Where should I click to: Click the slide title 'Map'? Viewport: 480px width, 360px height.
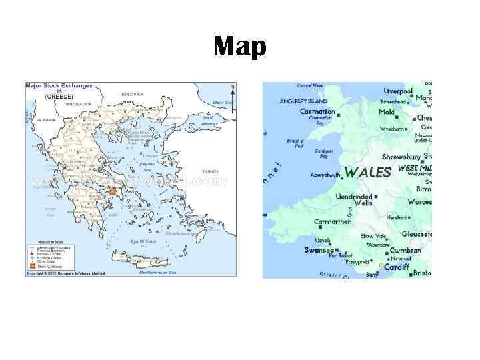240,47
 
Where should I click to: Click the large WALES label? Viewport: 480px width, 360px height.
367,173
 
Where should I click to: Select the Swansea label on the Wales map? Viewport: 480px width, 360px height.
318,251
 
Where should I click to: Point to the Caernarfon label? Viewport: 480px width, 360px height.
317,112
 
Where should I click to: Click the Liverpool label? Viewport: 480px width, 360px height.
398,91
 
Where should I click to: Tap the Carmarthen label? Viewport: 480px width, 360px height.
333,221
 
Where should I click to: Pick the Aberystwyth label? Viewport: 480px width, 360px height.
325,175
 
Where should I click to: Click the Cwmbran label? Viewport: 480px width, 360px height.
405,251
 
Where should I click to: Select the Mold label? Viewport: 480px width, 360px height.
387,112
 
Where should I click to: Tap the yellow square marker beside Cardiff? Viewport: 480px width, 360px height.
382,266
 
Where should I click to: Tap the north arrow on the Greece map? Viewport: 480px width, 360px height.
232,89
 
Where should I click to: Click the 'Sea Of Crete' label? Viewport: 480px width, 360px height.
143,241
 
